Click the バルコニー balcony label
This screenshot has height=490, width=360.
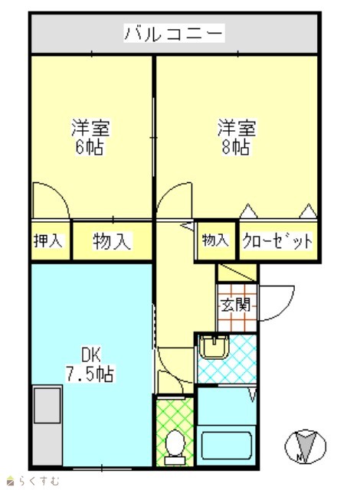click(174, 33)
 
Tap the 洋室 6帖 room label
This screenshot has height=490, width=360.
click(90, 137)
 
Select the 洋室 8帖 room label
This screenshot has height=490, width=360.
click(237, 137)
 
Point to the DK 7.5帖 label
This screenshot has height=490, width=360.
click(90, 364)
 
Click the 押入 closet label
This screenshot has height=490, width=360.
click(48, 240)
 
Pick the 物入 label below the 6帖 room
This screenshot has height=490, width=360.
click(112, 241)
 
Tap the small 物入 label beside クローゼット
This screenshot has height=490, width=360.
click(215, 240)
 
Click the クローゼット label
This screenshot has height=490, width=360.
click(277, 240)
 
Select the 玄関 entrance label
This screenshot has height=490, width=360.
click(236, 305)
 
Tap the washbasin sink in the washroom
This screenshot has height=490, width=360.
click(214, 347)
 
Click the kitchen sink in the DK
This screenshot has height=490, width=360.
click(47, 405)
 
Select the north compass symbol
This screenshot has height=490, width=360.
click(306, 446)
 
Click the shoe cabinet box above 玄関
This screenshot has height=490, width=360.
click(237, 273)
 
